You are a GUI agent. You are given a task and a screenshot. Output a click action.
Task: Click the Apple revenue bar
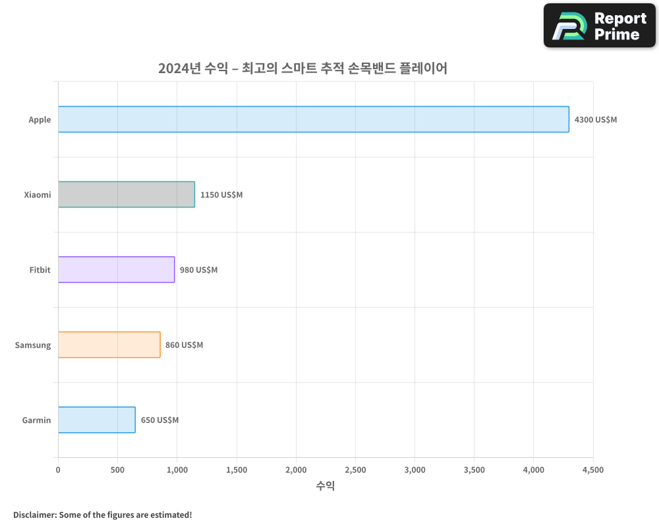click(x=313, y=119)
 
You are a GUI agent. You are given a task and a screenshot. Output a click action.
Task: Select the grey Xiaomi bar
click(x=126, y=194)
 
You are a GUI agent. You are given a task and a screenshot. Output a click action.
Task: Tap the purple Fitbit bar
click(x=116, y=269)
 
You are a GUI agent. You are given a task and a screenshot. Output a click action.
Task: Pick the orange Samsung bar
click(x=109, y=345)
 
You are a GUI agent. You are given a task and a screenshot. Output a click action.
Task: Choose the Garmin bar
click(x=96, y=420)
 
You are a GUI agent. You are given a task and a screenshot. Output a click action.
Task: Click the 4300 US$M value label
click(x=596, y=120)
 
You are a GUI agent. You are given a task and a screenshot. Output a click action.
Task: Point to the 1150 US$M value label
click(x=221, y=195)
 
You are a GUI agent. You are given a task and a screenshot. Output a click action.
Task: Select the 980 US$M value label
click(x=198, y=270)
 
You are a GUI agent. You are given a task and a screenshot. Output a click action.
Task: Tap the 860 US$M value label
click(x=184, y=345)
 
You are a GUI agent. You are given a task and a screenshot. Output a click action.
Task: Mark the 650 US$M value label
click(x=159, y=420)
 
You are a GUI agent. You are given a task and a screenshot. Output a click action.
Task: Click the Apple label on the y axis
click(x=40, y=120)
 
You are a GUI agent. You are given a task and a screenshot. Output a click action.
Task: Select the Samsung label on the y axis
click(x=33, y=345)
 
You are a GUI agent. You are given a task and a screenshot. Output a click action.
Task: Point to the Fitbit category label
click(x=40, y=270)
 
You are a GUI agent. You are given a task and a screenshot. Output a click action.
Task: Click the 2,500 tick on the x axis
click(x=355, y=470)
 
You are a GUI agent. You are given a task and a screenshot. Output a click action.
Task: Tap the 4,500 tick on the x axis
click(x=592, y=470)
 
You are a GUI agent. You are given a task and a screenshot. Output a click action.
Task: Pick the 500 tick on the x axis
click(x=117, y=470)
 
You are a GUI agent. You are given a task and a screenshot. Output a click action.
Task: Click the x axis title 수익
click(x=326, y=486)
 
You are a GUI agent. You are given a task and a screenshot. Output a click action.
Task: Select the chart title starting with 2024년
click(x=302, y=68)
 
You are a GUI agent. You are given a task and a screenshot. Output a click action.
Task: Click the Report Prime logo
click(x=599, y=26)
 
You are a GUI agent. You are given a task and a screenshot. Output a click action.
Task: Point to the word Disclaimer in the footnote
click(x=34, y=514)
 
